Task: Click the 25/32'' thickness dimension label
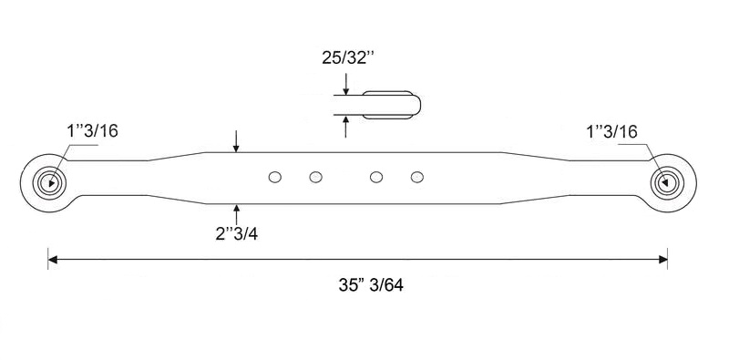coord(348,57)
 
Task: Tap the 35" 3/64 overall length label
coord(371,284)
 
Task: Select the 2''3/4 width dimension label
coord(237,233)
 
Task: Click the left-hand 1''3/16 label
coord(93,131)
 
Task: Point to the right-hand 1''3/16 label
coord(611,132)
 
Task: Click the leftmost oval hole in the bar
coord(275,177)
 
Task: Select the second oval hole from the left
coord(315,177)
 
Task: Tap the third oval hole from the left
coord(376,177)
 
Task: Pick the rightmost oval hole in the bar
coord(417,177)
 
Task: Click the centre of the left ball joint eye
coord(49,183)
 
